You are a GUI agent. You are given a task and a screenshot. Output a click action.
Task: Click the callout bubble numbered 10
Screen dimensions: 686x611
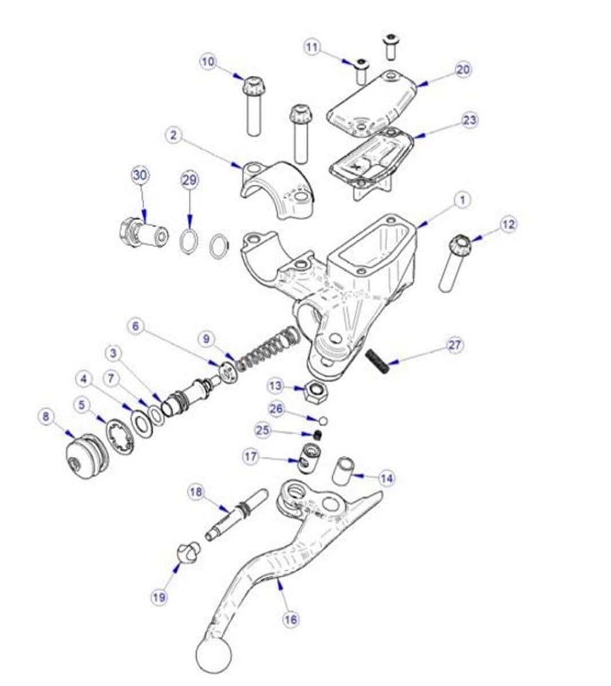[x=209, y=61]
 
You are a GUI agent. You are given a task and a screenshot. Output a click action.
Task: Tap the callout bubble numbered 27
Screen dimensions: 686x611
[x=456, y=345]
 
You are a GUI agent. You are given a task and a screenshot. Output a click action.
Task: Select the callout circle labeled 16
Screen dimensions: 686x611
[x=291, y=619]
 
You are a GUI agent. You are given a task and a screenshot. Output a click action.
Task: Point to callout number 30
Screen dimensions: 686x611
[x=140, y=176]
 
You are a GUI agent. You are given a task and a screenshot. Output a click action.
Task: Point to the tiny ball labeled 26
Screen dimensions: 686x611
[x=323, y=421]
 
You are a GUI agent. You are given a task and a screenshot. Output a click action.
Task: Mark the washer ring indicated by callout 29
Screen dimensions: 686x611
[x=188, y=242]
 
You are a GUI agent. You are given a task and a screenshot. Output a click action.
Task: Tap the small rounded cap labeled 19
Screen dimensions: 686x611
[x=187, y=553]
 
